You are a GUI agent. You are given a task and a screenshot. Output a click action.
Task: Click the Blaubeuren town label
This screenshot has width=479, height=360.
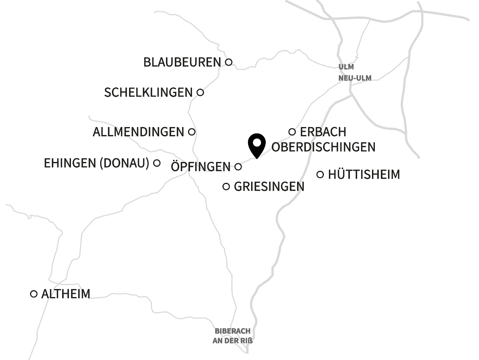(x=182, y=62)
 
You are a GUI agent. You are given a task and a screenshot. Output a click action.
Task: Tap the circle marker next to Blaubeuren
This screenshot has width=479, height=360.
(x=228, y=62)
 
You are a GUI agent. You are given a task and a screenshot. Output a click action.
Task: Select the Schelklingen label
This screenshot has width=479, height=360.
(x=148, y=93)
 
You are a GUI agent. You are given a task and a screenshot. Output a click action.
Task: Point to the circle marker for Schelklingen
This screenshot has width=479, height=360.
(x=200, y=93)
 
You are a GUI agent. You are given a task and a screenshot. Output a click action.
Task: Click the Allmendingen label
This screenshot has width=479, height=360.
(x=138, y=132)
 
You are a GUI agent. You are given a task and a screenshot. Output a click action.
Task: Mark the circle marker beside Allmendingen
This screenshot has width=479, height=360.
(x=192, y=131)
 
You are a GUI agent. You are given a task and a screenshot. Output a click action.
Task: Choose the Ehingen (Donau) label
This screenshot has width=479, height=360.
(x=97, y=163)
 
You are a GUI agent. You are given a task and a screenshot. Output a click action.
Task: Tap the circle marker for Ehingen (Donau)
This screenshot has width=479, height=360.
(x=157, y=163)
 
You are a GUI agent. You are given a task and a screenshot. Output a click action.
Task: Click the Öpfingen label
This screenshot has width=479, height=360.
(x=201, y=166)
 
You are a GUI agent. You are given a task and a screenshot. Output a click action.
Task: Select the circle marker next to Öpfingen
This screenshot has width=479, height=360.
(x=238, y=166)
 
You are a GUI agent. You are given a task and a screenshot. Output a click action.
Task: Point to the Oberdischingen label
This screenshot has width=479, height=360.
(x=323, y=147)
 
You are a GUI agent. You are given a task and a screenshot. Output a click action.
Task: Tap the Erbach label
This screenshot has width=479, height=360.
(x=323, y=131)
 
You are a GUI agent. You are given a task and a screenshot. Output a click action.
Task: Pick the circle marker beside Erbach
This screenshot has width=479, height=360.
(x=292, y=131)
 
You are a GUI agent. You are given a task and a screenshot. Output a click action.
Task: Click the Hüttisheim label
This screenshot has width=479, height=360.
(x=364, y=174)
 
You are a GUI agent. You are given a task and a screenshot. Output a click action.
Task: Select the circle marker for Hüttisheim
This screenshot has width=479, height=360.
(x=320, y=174)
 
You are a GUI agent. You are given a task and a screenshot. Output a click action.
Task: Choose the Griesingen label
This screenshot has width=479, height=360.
(x=269, y=186)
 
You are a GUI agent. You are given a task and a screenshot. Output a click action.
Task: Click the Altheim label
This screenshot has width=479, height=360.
(x=66, y=294)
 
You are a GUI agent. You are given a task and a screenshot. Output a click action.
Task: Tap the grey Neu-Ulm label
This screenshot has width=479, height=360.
(x=355, y=78)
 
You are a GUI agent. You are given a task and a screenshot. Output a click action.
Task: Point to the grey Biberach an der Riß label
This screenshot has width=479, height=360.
(x=232, y=336)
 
